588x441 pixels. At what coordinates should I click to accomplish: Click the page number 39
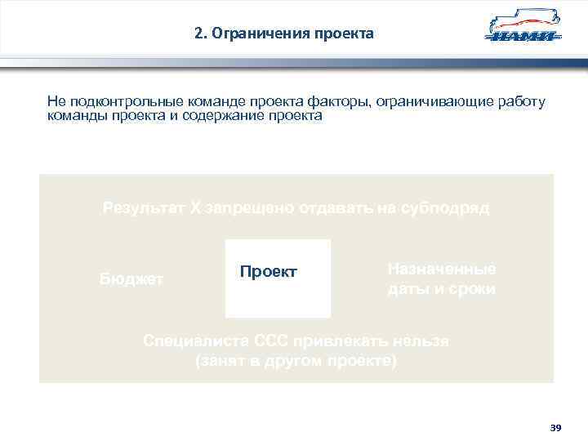tap(556, 427)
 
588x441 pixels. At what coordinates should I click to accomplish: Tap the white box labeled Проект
tap(278, 278)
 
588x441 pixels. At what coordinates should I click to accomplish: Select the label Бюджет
tap(131, 279)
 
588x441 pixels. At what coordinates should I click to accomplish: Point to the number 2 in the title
tap(199, 34)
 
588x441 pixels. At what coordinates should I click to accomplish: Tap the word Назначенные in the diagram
tap(442, 269)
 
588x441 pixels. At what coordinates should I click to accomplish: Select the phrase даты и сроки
tap(442, 289)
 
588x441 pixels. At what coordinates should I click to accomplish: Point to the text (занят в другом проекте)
tap(296, 360)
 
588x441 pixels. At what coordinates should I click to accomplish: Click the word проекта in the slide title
tap(345, 34)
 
